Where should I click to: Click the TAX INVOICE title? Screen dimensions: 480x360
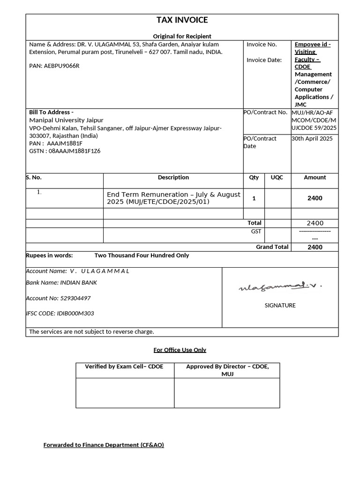coord(182,20)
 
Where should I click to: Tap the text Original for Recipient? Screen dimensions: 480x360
coord(182,36)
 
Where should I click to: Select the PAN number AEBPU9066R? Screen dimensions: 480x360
coord(62,66)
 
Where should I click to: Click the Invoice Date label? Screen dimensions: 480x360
coord(264,60)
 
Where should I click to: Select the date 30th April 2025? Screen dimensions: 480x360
coord(312,139)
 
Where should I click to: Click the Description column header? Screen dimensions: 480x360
coord(173,178)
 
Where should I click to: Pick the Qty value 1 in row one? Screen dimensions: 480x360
coord(254,198)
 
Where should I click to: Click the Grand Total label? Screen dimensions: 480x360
coord(272,247)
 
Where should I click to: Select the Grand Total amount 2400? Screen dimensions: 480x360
coord(315,247)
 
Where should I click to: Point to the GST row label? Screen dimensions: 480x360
coord(256,232)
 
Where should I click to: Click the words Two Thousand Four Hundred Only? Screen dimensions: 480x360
coord(142,255)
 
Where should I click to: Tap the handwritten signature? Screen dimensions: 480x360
coord(280,286)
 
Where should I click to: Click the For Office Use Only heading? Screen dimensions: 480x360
coord(180,350)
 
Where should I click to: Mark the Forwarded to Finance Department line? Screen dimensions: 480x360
coord(104,445)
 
